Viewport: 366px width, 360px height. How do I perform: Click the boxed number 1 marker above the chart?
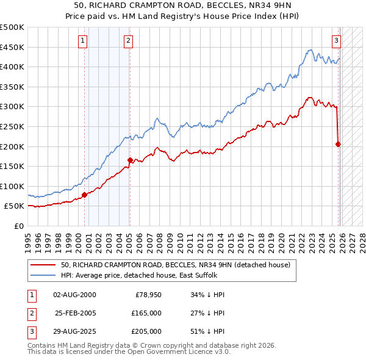pos(84,41)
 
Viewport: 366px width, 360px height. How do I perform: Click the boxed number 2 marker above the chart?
pos(129,41)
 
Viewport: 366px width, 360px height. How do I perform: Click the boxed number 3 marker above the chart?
pos(336,41)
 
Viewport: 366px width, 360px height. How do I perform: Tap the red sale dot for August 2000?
pos(84,195)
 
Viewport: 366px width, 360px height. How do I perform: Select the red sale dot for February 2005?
pos(130,160)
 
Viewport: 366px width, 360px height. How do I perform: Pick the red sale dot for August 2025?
pos(338,145)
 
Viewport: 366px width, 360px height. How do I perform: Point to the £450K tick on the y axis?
pos(13,47)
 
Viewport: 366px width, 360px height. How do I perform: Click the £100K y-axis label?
pos(13,186)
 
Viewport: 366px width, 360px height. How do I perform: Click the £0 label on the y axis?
pos(19,226)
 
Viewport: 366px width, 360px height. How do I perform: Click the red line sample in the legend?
pos(44,265)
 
